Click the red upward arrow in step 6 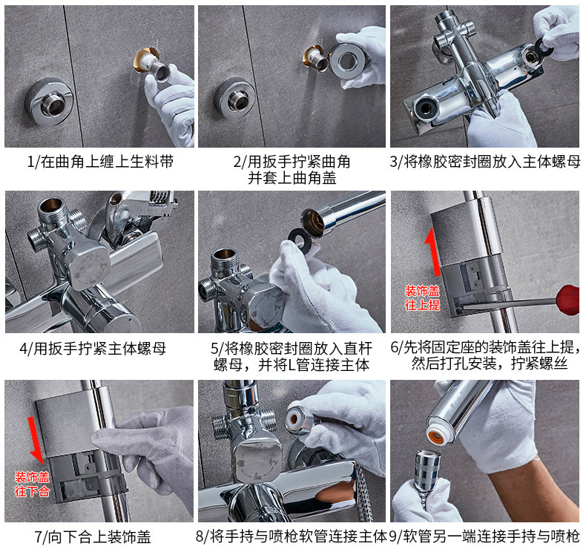tap(433, 252)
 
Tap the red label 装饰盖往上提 tap(422, 298)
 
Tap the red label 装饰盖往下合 tap(32, 484)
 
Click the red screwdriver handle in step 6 tap(568, 299)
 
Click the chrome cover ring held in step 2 tap(348, 61)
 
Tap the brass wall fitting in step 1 tap(145, 61)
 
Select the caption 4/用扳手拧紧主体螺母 tap(93, 348)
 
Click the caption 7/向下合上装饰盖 tap(93, 537)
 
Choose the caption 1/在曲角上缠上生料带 tap(100, 162)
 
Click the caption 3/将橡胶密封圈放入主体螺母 tap(484, 162)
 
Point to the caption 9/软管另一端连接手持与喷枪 tap(484, 536)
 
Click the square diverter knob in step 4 tap(90, 268)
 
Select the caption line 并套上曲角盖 tap(292, 178)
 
